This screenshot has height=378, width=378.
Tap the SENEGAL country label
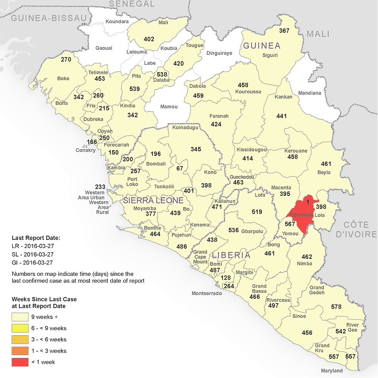pyautogui.click(x=132, y=4)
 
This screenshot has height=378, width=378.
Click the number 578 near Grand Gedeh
pyautogui.click(x=336, y=307)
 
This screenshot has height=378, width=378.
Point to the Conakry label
pyautogui.click(x=86, y=150)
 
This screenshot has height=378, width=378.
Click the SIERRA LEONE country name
pyautogui.click(x=153, y=201)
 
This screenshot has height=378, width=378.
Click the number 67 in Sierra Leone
pyautogui.click(x=180, y=169)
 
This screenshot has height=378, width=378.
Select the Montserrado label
pyautogui.click(x=207, y=294)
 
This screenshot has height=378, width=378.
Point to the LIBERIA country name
pyautogui.click(x=231, y=255)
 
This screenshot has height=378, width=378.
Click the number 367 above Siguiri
pyautogui.click(x=284, y=31)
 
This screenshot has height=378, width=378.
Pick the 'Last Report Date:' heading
pyautogui.click(x=36, y=238)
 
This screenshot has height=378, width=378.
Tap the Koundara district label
pyautogui.click(x=117, y=22)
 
